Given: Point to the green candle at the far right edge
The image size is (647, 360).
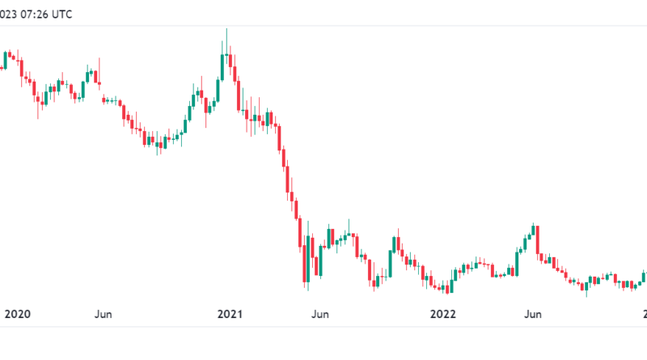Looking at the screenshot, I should [644, 277].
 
